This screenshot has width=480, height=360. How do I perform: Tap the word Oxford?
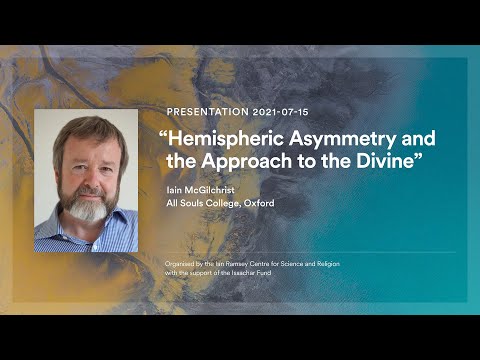tap(254, 203)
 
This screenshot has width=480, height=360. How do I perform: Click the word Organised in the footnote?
tap(183, 263)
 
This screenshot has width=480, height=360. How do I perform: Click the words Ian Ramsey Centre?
tap(237, 263)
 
